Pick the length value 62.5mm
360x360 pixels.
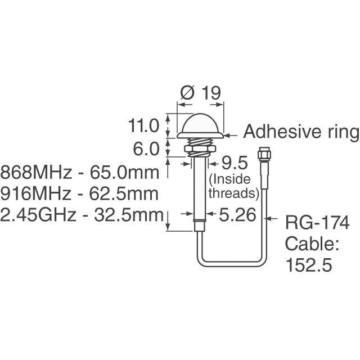pyautogui.click(x=127, y=193)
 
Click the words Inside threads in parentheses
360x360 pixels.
pyautogui.click(x=233, y=187)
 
